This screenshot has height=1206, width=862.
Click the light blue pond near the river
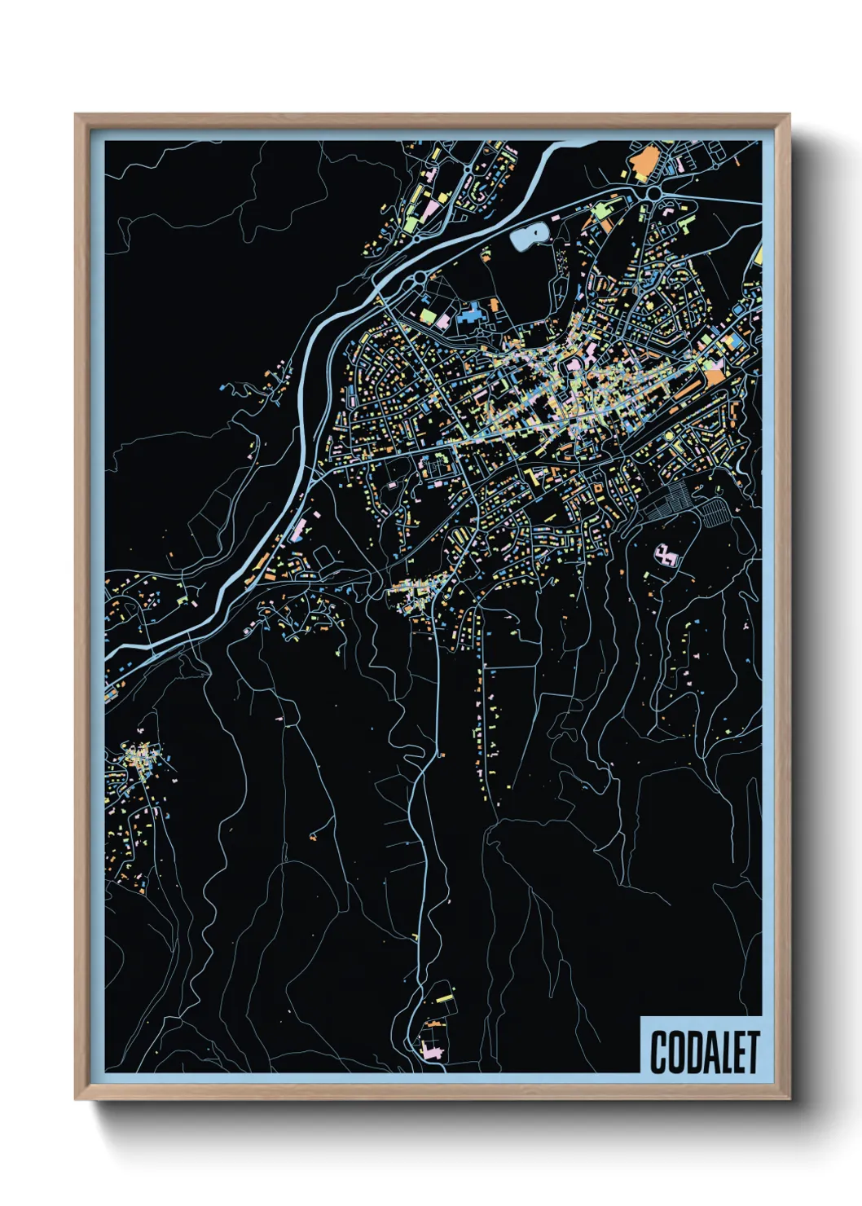526,236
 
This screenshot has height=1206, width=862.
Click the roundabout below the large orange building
653,194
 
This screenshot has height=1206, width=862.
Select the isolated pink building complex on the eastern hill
666,556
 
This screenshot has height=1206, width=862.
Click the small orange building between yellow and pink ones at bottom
433,1022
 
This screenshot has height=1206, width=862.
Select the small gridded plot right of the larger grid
713,512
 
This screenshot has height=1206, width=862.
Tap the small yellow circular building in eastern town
670,437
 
